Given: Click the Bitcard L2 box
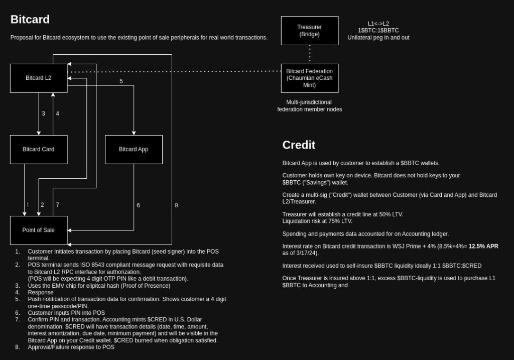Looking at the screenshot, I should click(x=39, y=78).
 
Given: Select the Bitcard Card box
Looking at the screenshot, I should click(x=39, y=149).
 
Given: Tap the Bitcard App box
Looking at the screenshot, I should click(x=134, y=149).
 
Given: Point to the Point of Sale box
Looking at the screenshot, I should click(x=39, y=230).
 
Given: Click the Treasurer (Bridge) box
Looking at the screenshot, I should click(x=309, y=31).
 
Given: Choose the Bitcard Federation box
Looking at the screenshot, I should click(x=309, y=78).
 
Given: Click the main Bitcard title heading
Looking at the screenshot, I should click(x=30, y=20).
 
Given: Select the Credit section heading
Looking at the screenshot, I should click(x=299, y=145).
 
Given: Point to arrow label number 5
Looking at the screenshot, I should click(x=121, y=81).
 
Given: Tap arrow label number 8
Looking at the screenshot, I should click(x=176, y=205).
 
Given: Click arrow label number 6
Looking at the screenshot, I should click(x=138, y=205).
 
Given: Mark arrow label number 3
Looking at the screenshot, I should click(x=43, y=113).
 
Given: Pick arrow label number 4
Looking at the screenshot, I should click(x=57, y=113).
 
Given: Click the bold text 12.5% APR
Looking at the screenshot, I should click(x=483, y=246).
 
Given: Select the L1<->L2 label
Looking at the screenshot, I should click(x=378, y=24).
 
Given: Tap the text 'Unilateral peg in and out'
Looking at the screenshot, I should click(x=378, y=38).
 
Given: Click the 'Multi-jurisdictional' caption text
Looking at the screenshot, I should click(x=309, y=102).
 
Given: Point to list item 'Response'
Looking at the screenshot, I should click(x=41, y=292).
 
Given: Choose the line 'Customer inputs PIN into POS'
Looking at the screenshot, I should click(x=66, y=313).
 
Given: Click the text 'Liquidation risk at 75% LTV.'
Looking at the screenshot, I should click(x=317, y=221).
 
